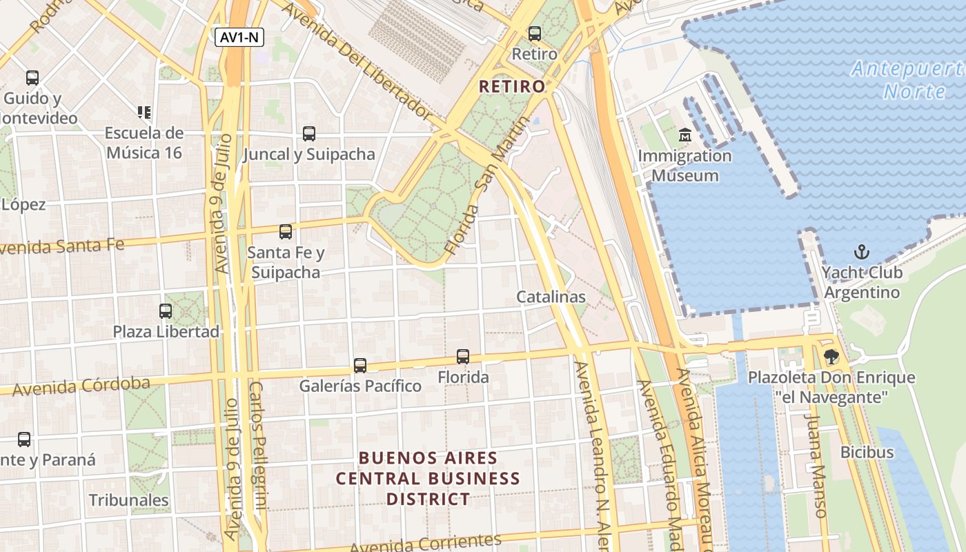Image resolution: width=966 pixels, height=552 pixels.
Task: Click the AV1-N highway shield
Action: click(x=239, y=37)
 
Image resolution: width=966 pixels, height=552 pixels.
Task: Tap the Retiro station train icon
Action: click(x=534, y=33)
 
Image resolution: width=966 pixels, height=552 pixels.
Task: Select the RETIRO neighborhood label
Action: click(x=512, y=86)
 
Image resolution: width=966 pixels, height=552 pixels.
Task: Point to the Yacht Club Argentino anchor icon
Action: click(x=862, y=251)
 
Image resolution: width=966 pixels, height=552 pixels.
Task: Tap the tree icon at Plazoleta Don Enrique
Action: click(x=831, y=357)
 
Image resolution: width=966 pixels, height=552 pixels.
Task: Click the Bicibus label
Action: click(x=867, y=453)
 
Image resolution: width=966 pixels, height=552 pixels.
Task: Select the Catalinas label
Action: click(x=551, y=297)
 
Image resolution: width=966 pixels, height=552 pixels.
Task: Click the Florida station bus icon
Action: click(x=463, y=357)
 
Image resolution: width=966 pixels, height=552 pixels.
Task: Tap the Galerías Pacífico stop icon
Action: click(x=359, y=366)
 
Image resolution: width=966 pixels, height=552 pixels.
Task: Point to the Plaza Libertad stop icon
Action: click(x=166, y=311)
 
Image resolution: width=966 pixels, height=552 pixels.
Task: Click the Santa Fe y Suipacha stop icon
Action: click(x=285, y=232)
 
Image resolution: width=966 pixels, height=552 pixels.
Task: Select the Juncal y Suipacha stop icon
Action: click(x=308, y=134)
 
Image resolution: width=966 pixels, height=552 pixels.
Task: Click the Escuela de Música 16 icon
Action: click(x=144, y=112)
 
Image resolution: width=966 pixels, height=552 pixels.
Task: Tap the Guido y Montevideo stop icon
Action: click(x=32, y=78)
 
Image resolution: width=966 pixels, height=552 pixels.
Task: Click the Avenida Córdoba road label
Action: click(x=81, y=386)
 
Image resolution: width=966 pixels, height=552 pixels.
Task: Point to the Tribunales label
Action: click(x=128, y=500)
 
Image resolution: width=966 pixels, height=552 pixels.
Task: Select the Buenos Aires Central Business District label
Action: click(x=428, y=478)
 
